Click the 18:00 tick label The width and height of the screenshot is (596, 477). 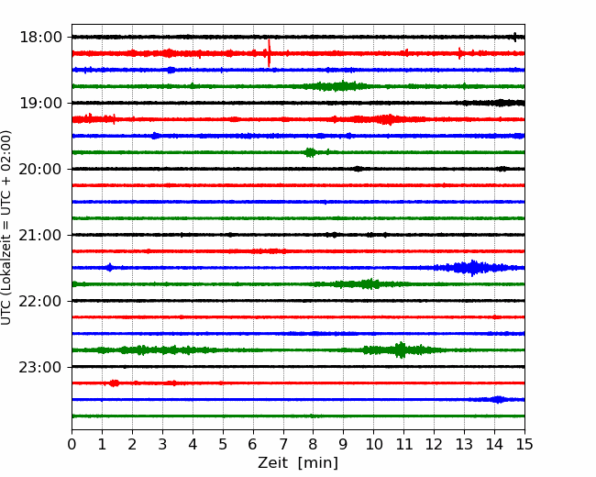[40, 38]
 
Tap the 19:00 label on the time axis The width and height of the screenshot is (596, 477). [40, 103]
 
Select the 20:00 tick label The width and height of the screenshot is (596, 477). [40, 169]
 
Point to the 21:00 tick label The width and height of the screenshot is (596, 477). [40, 235]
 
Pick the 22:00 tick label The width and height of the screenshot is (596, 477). [40, 301]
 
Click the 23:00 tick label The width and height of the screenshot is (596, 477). [40, 367]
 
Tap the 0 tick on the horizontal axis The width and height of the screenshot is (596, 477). [72, 444]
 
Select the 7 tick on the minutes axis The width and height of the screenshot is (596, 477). [283, 444]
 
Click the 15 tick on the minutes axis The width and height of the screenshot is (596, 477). [524, 444]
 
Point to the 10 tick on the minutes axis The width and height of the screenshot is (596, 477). [373, 444]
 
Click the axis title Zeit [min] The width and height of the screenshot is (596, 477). [298, 463]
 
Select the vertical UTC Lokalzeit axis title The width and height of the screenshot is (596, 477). [6, 227]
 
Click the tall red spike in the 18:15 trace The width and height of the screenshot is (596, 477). [269, 53]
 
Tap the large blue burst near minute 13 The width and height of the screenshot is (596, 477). [472, 268]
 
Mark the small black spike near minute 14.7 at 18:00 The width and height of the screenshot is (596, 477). [515, 37]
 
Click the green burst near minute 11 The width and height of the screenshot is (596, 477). [400, 349]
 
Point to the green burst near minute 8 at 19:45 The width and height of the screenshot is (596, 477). [311, 152]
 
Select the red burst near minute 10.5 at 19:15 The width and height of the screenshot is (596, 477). [388, 119]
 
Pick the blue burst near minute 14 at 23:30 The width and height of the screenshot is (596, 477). [498, 399]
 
